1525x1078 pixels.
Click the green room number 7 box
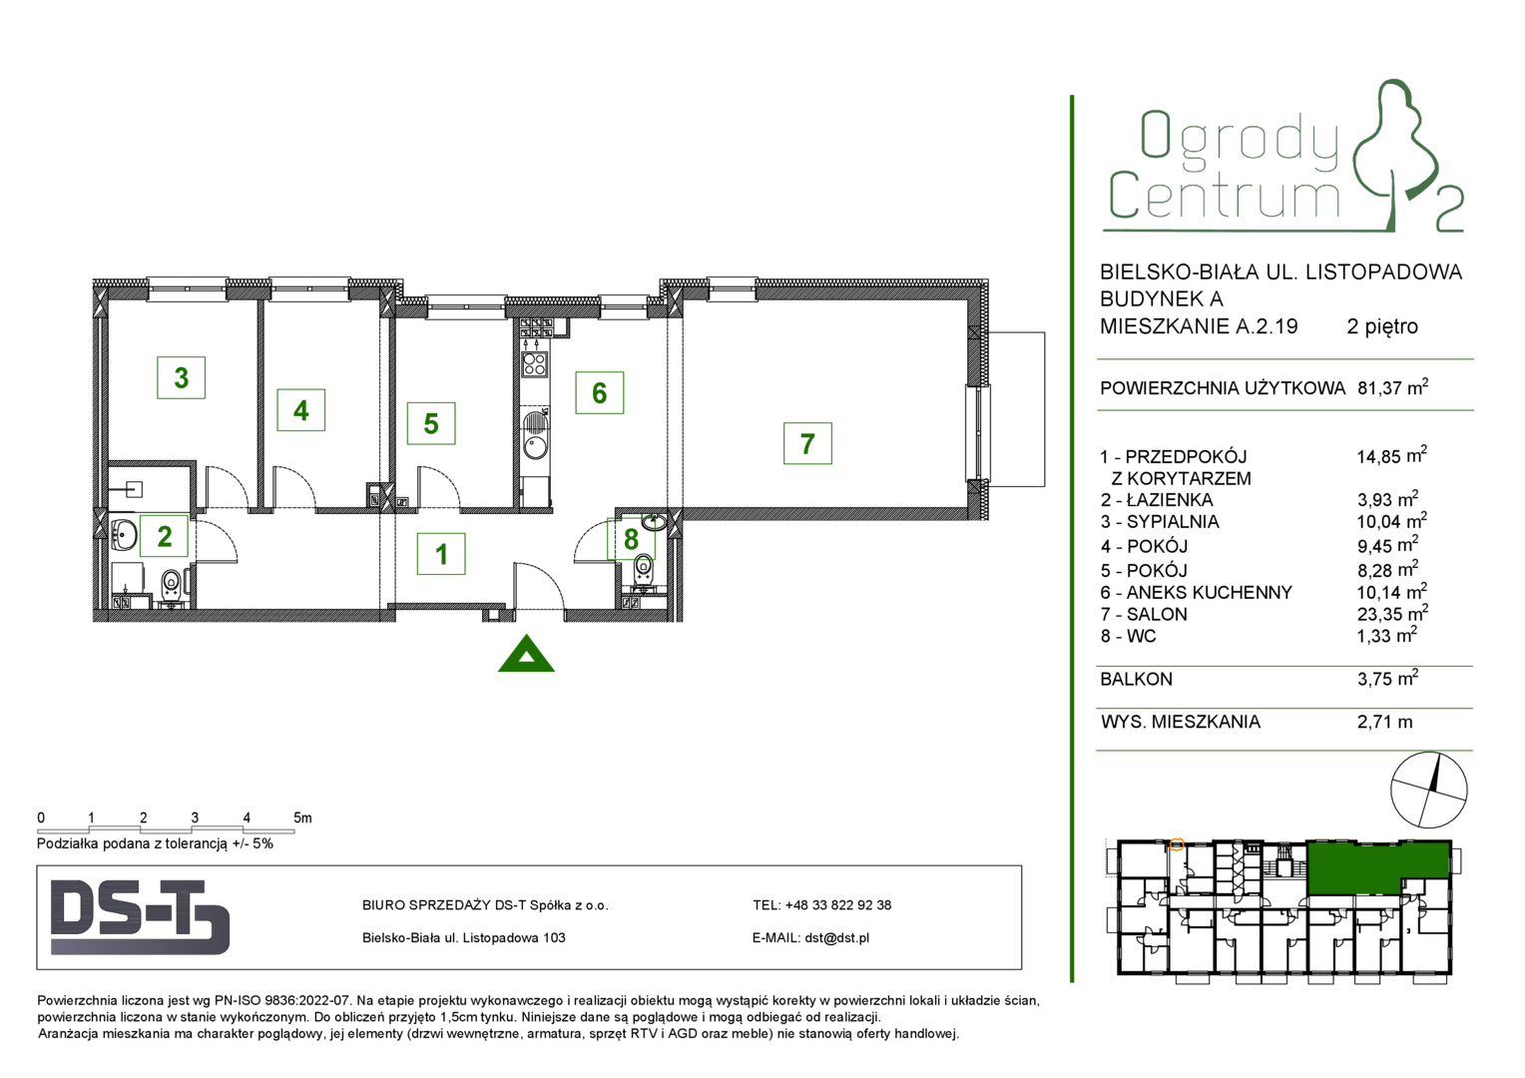point(807,443)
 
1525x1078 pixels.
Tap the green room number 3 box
point(181,377)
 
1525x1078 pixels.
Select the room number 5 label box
point(431,423)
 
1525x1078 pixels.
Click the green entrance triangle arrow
point(526,654)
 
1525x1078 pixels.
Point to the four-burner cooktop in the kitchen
point(534,364)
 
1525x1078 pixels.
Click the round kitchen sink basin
point(534,447)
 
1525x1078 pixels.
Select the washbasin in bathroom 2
point(123,535)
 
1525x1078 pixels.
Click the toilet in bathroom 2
point(171,584)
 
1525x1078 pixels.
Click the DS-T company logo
point(141,917)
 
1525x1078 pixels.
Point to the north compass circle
point(1429,790)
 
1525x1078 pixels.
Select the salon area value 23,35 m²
point(1392,613)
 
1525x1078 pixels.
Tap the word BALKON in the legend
point(1136,679)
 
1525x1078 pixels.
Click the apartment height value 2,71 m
point(1384,722)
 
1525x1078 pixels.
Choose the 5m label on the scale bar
point(302,817)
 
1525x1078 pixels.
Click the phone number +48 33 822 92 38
point(838,905)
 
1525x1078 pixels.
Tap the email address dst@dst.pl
point(836,937)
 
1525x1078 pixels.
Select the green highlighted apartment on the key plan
point(1376,867)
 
